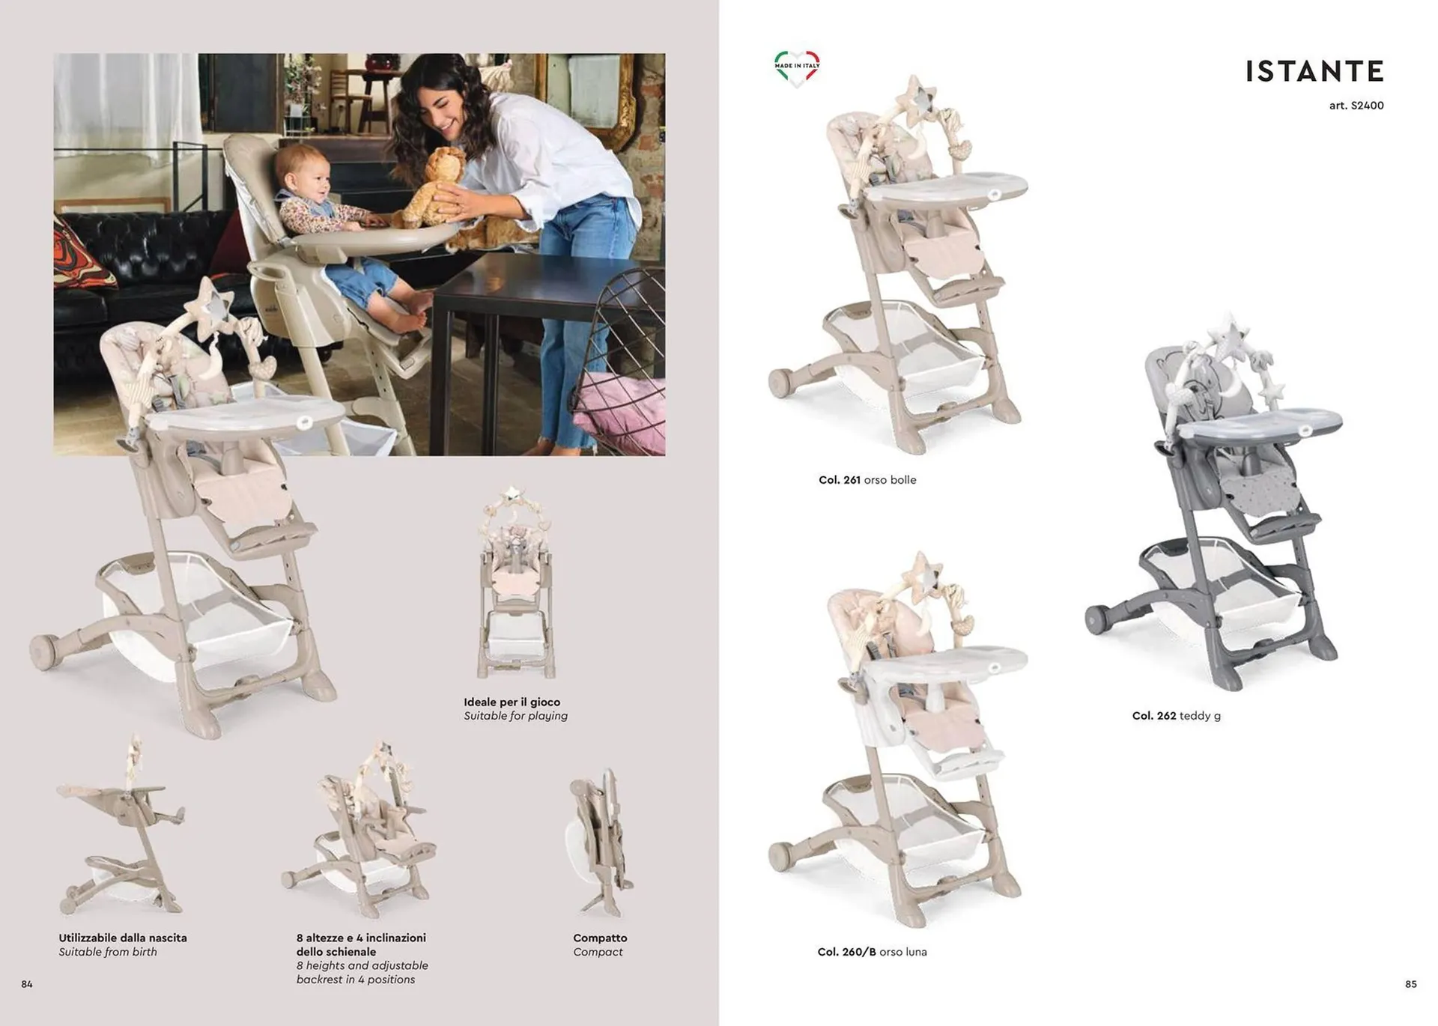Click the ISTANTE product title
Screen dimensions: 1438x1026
1314,72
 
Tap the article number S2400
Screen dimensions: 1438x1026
1356,106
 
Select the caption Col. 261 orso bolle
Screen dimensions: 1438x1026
867,480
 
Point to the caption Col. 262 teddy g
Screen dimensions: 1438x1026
1176,716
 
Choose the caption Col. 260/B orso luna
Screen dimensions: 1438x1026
872,952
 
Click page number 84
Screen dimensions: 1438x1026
27,984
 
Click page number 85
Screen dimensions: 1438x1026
1411,984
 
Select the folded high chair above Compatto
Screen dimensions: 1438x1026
601,843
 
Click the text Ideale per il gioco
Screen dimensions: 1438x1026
512,702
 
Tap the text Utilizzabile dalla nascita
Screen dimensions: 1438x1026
123,938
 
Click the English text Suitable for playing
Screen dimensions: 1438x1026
515,716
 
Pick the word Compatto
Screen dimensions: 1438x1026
600,938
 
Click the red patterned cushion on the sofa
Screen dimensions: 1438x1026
81,253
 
